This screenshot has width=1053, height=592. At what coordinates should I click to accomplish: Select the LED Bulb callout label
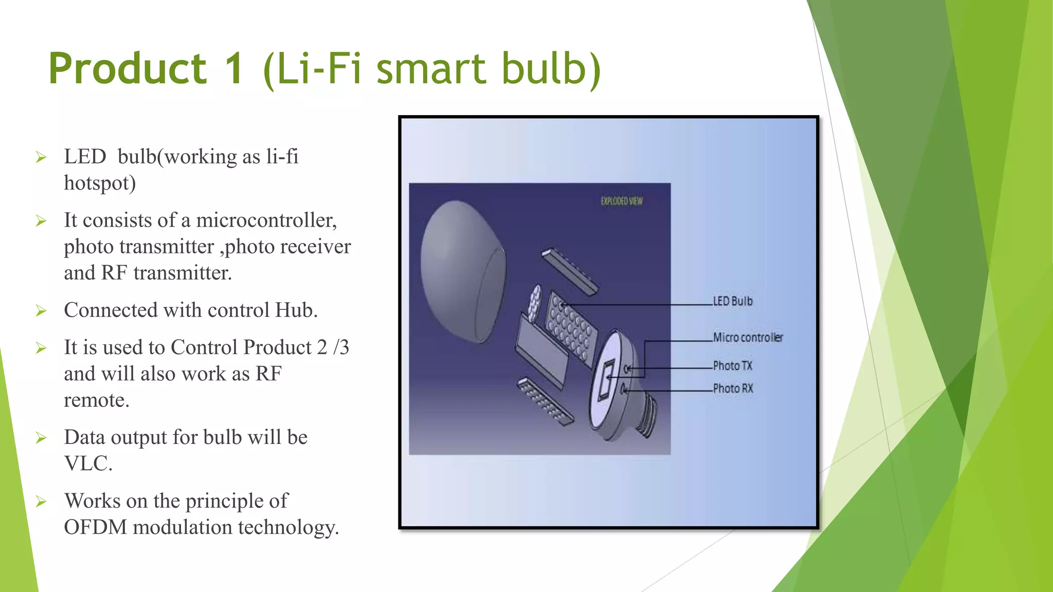[x=732, y=301]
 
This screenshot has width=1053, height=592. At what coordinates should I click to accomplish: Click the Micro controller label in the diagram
[x=748, y=338]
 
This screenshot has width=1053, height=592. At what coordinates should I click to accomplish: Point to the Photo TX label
[x=732, y=366]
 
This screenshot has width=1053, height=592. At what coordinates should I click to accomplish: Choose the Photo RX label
[x=733, y=388]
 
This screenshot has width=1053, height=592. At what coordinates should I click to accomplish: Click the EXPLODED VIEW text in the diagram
[x=622, y=201]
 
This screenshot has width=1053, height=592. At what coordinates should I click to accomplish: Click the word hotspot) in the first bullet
[x=100, y=183]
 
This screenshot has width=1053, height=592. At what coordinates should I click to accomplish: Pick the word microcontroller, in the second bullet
[x=266, y=220]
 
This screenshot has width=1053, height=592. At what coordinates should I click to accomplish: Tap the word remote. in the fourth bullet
[x=97, y=400]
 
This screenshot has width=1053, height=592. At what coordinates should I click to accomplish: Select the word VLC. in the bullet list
[x=88, y=464]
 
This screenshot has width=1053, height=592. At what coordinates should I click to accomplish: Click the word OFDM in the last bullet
[x=95, y=527]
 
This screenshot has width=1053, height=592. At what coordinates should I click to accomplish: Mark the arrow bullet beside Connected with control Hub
[x=41, y=311]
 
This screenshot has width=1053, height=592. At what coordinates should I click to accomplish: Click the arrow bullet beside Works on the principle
[x=41, y=502]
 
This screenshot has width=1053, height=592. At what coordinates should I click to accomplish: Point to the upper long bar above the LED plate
[x=570, y=271]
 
